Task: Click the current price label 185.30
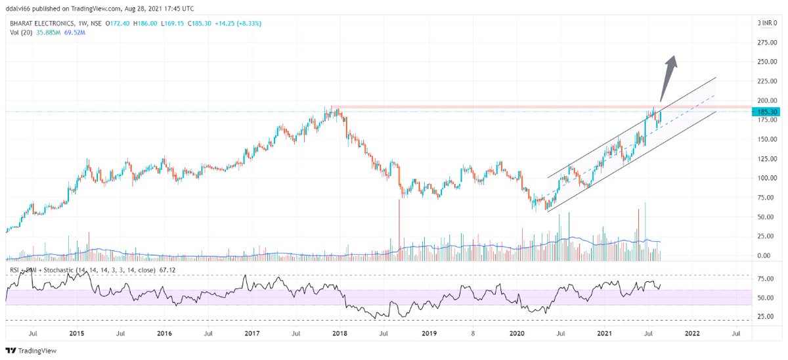[x=768, y=112]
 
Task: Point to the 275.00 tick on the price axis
[x=766, y=43]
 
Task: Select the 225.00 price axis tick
[x=766, y=81]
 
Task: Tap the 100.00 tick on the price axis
[x=766, y=178]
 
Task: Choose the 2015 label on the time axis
[x=76, y=334]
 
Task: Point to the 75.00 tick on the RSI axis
[x=766, y=279]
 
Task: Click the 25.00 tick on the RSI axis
[x=766, y=316]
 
